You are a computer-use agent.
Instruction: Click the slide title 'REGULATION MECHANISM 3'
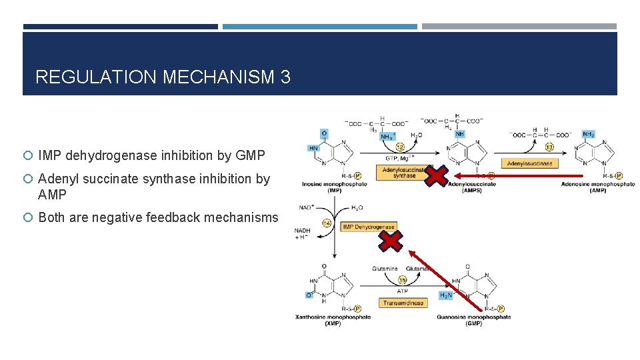click(163, 77)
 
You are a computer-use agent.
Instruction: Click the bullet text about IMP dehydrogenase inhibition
click(151, 156)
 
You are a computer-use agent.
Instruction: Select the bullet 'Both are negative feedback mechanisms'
click(158, 217)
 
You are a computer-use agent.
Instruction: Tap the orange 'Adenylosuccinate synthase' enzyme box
click(404, 173)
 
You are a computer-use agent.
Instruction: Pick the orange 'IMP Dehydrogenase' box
click(369, 227)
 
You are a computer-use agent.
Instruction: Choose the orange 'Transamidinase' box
click(403, 303)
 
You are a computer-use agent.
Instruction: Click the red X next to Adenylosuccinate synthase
click(436, 176)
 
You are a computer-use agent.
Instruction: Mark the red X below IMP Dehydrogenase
click(391, 241)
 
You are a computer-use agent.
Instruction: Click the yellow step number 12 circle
click(401, 147)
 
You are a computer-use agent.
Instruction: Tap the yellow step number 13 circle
click(549, 147)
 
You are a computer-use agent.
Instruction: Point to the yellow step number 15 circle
click(402, 280)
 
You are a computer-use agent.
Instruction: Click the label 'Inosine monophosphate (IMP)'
click(334, 187)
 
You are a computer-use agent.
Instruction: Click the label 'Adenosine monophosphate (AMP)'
click(597, 187)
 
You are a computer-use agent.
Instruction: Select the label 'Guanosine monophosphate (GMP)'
click(473, 320)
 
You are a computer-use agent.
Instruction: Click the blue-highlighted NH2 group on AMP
click(589, 134)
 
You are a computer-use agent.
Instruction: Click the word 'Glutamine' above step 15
click(385, 269)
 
